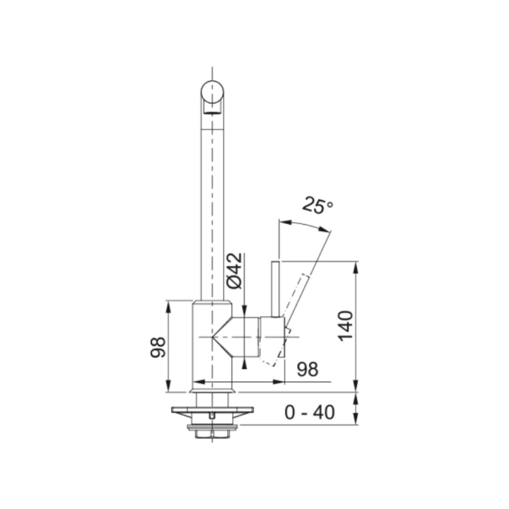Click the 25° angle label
317,206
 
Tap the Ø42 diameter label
234,270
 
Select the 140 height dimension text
345,325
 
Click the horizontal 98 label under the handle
307,369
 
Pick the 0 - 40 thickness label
310,413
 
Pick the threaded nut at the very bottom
212,433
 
